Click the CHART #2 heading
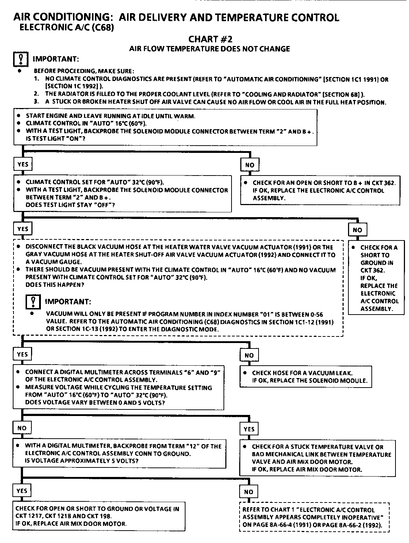click(210, 39)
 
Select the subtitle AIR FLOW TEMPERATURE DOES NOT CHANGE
click(210, 49)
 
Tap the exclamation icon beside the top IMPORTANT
click(21, 59)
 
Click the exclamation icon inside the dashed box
click(33, 302)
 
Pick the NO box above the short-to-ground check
click(357, 230)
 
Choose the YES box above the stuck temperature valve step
click(249, 429)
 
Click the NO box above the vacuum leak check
click(249, 355)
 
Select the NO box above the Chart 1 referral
click(248, 492)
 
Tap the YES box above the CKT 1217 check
click(22, 491)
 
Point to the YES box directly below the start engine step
click(23, 164)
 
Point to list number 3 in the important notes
click(36, 102)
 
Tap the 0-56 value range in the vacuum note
click(315, 314)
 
